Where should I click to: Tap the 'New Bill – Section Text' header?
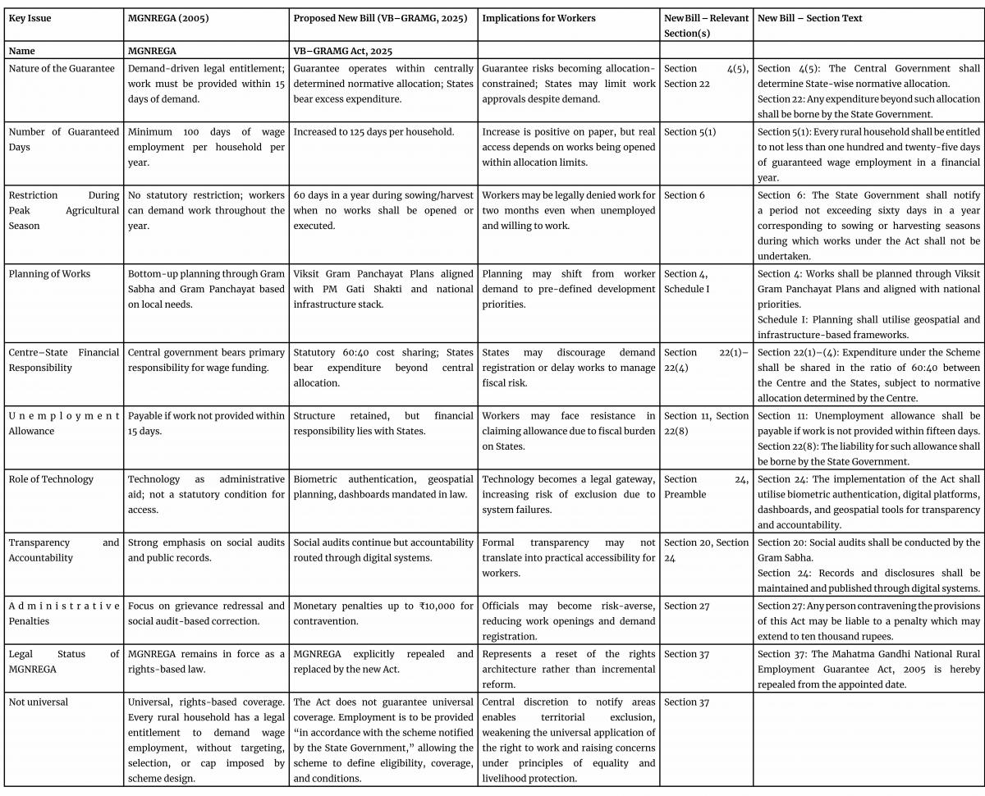(810, 18)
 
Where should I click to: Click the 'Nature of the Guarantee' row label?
(62, 69)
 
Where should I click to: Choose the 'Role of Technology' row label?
(51, 479)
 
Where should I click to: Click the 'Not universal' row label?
(38, 702)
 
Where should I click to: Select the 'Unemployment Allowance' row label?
(64, 423)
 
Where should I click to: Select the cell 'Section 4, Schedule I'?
(686, 281)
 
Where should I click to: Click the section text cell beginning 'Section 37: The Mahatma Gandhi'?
(868, 668)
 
